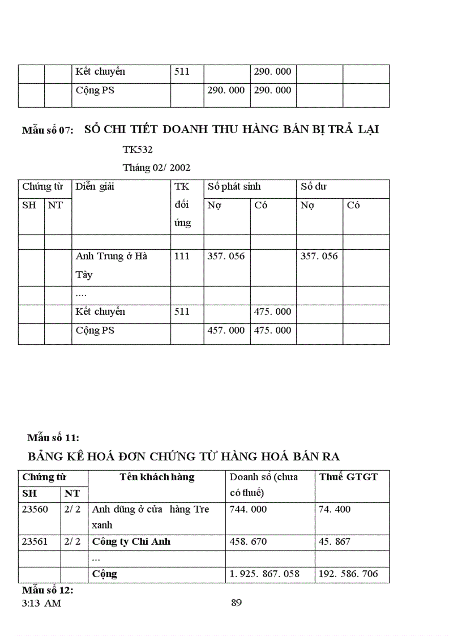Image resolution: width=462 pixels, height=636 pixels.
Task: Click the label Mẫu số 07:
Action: (x=48, y=130)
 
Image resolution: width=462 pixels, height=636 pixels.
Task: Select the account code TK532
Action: (x=138, y=150)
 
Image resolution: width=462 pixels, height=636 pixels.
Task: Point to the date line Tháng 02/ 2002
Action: (x=156, y=168)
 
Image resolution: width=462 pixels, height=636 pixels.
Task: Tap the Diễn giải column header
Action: (x=95, y=186)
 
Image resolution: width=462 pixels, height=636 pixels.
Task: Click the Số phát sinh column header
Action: (x=234, y=186)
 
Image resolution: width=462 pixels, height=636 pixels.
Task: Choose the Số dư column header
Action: (x=314, y=186)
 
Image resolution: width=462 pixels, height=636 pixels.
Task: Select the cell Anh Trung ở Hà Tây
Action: (x=112, y=265)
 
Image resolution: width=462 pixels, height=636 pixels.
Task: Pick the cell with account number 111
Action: (x=182, y=256)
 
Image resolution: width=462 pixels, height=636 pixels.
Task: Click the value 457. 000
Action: (x=226, y=330)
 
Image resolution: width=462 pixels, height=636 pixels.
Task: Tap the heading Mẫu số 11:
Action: (x=53, y=438)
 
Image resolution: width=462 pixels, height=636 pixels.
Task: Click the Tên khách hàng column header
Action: (x=157, y=477)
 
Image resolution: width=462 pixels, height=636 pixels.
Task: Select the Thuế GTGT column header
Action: (x=348, y=477)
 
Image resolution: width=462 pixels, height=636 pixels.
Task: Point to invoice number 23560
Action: (x=35, y=509)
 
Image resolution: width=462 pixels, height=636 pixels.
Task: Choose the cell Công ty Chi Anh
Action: (x=131, y=541)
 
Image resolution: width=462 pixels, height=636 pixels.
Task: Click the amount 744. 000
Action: (x=248, y=509)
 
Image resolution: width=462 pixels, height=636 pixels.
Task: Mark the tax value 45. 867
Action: (x=335, y=541)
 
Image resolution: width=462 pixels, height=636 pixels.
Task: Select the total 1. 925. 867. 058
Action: (x=264, y=574)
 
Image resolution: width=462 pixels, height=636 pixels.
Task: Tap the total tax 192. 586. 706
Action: (x=348, y=574)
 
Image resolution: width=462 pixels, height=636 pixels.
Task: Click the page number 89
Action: (x=237, y=603)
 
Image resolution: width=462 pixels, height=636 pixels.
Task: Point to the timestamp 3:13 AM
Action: (x=42, y=603)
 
